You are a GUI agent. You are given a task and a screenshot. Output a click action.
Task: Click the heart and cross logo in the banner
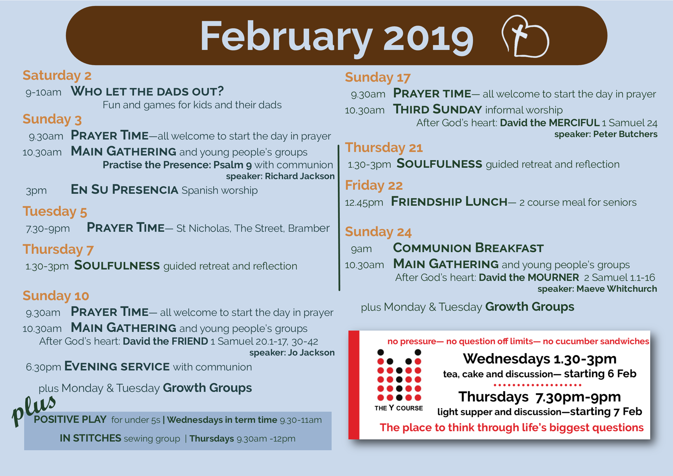pos(525,36)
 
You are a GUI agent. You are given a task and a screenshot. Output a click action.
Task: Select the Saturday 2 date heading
pos(57,75)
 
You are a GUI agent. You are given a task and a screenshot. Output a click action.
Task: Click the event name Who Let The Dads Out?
pos(147,91)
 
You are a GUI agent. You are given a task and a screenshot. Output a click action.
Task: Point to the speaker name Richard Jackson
pos(300,176)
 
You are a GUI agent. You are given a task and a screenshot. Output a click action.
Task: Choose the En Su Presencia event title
pos(125,189)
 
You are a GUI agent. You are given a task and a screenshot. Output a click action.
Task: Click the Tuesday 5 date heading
pos(55,212)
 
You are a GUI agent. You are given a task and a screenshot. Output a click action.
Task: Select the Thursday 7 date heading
pos(58,249)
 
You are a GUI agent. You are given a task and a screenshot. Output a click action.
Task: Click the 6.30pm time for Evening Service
pos(43,367)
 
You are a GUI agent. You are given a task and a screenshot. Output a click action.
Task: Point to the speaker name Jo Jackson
pos(311,353)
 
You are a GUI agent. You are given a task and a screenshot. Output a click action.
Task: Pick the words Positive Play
pos(70,420)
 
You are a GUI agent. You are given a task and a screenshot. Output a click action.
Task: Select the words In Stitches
pos(90,438)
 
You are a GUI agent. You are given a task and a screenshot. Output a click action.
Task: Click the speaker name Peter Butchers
pos(625,134)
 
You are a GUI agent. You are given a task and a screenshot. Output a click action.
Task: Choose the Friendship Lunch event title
pos(449,202)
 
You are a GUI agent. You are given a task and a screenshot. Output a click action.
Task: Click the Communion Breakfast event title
pos(468,248)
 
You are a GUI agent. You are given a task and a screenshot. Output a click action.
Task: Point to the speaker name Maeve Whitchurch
pos(617,289)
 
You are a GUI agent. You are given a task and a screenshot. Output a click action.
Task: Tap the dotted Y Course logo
pos(399,380)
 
